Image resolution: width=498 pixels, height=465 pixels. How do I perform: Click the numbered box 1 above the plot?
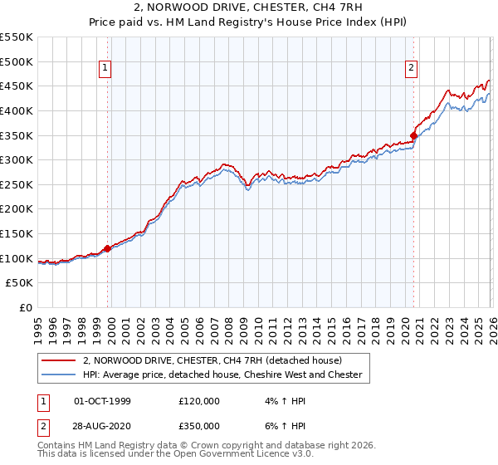[107, 69]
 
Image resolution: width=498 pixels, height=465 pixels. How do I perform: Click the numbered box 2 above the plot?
[412, 69]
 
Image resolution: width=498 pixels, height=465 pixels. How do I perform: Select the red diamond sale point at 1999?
[107, 248]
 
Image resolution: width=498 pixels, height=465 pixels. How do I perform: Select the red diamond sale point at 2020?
[413, 135]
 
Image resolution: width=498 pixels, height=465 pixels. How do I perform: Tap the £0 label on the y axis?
[26, 307]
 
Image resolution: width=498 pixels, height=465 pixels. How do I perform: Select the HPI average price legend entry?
[222, 375]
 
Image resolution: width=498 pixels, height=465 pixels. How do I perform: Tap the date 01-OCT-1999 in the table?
[103, 400]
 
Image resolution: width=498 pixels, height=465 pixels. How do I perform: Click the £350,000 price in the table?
[199, 425]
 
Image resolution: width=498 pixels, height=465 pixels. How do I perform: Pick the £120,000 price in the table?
[199, 400]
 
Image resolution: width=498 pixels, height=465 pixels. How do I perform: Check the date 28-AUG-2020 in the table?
[103, 425]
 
